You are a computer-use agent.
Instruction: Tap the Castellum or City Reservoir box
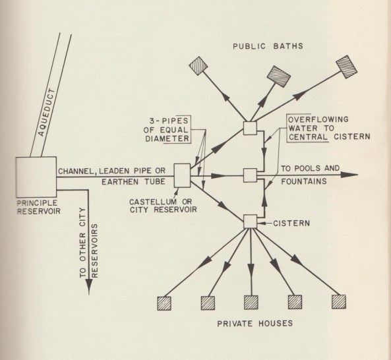point(181,174)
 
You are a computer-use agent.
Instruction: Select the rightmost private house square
point(339,302)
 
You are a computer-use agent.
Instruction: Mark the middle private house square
point(252,302)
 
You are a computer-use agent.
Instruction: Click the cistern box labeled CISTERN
point(250,222)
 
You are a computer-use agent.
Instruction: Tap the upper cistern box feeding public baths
point(250,129)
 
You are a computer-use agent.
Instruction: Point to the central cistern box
point(250,175)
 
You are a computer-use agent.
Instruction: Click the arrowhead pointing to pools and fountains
point(352,175)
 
